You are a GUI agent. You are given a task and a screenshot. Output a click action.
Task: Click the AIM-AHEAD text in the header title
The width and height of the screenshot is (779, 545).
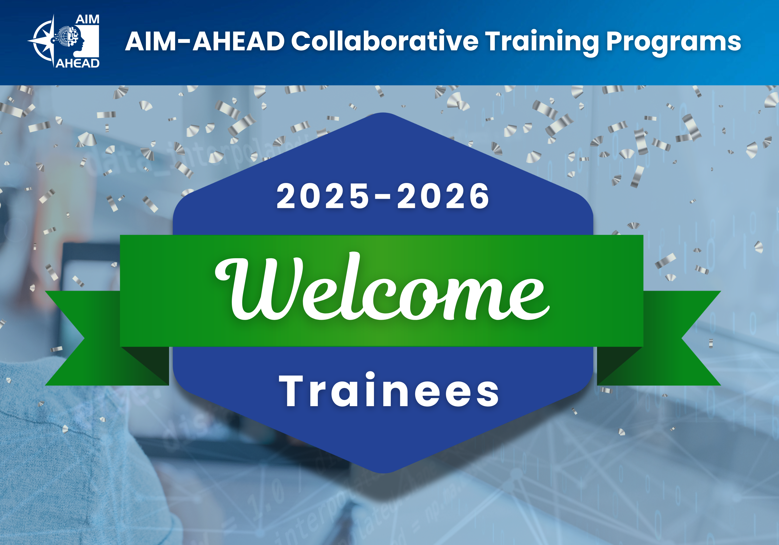tap(205, 41)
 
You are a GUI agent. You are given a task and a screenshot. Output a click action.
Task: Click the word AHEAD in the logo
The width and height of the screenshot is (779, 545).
tap(77, 63)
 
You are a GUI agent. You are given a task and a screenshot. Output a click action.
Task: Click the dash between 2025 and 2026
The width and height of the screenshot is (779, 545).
tap(383, 197)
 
